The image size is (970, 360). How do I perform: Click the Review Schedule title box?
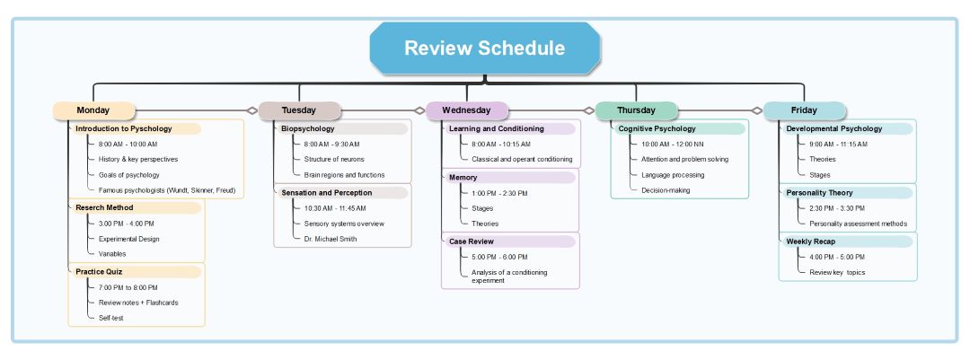[x=484, y=48]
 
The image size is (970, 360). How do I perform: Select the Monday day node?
[x=93, y=110]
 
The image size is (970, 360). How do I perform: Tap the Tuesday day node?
[x=299, y=110]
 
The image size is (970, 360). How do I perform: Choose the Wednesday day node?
[x=466, y=110]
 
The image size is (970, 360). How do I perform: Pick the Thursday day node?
[x=636, y=110]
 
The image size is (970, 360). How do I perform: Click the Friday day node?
[x=804, y=110]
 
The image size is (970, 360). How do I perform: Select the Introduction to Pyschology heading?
[x=124, y=128]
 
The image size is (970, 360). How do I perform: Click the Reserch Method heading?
[x=104, y=208]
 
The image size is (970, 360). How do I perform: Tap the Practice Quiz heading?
[x=99, y=271]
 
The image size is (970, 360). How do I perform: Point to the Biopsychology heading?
[x=308, y=128]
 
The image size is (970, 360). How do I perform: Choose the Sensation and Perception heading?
[x=326, y=192]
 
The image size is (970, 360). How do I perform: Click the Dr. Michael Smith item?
[x=331, y=239]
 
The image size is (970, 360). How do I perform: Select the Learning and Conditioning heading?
[x=497, y=128]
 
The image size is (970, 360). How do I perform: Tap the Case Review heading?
[x=472, y=241]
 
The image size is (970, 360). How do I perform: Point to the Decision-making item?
[x=665, y=190]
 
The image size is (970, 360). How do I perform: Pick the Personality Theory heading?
[x=819, y=192]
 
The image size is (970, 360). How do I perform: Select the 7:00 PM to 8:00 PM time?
[x=128, y=287]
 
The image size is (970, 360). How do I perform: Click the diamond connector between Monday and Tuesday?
[x=252, y=110]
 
